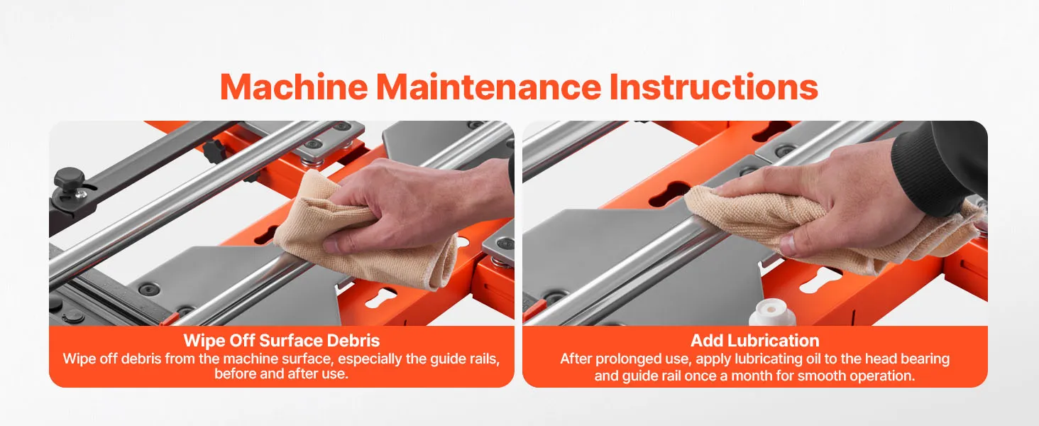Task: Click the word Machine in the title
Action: coord(294,87)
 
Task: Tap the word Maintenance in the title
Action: coord(489,87)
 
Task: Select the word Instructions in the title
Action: coord(714,87)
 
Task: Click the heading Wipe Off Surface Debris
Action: coord(282,341)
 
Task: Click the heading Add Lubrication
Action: coord(754,341)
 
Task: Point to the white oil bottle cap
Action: coord(772,314)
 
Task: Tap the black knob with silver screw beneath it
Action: coord(70,180)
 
